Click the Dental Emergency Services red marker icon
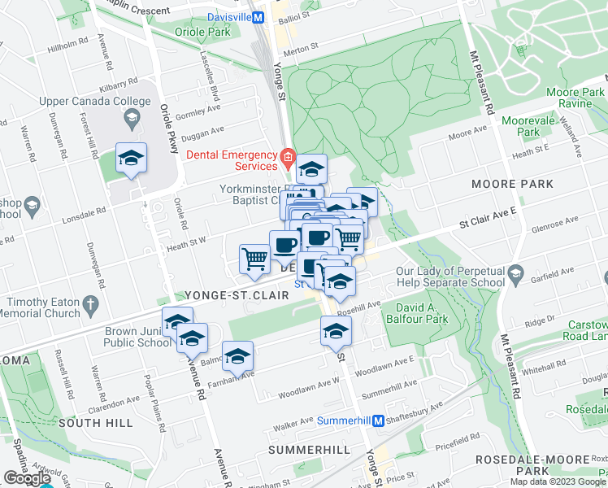286,155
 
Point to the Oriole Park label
198,33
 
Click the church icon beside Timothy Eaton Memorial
91,304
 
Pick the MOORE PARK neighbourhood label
512,185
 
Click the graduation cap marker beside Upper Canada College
130,159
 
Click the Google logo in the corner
27,478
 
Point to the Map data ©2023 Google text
558,481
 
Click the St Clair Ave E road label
487,222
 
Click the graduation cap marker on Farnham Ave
237,356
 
